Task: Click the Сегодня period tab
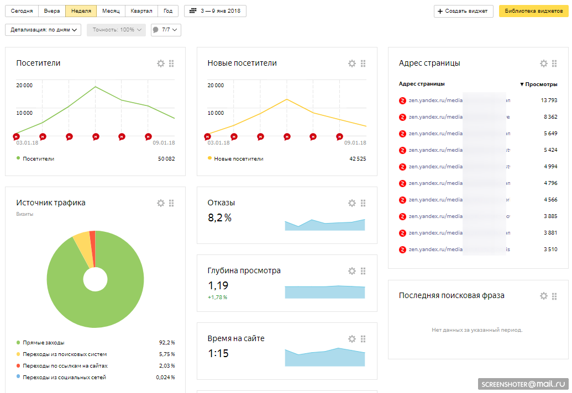point(22,11)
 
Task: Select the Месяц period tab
point(111,11)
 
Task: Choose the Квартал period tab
point(141,11)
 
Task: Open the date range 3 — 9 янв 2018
point(215,11)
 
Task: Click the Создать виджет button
point(463,11)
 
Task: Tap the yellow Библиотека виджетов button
point(533,11)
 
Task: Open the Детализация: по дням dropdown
point(43,30)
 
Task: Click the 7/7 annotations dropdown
point(166,30)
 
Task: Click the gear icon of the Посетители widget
point(161,63)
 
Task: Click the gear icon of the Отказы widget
point(352,203)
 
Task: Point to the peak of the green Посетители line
point(95,87)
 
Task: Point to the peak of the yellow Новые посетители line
point(286,99)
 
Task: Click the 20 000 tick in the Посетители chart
point(24,85)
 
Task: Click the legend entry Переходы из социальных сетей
point(64,378)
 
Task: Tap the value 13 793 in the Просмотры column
point(548,100)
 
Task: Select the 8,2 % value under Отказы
point(219,218)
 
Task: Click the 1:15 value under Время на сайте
point(218,354)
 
